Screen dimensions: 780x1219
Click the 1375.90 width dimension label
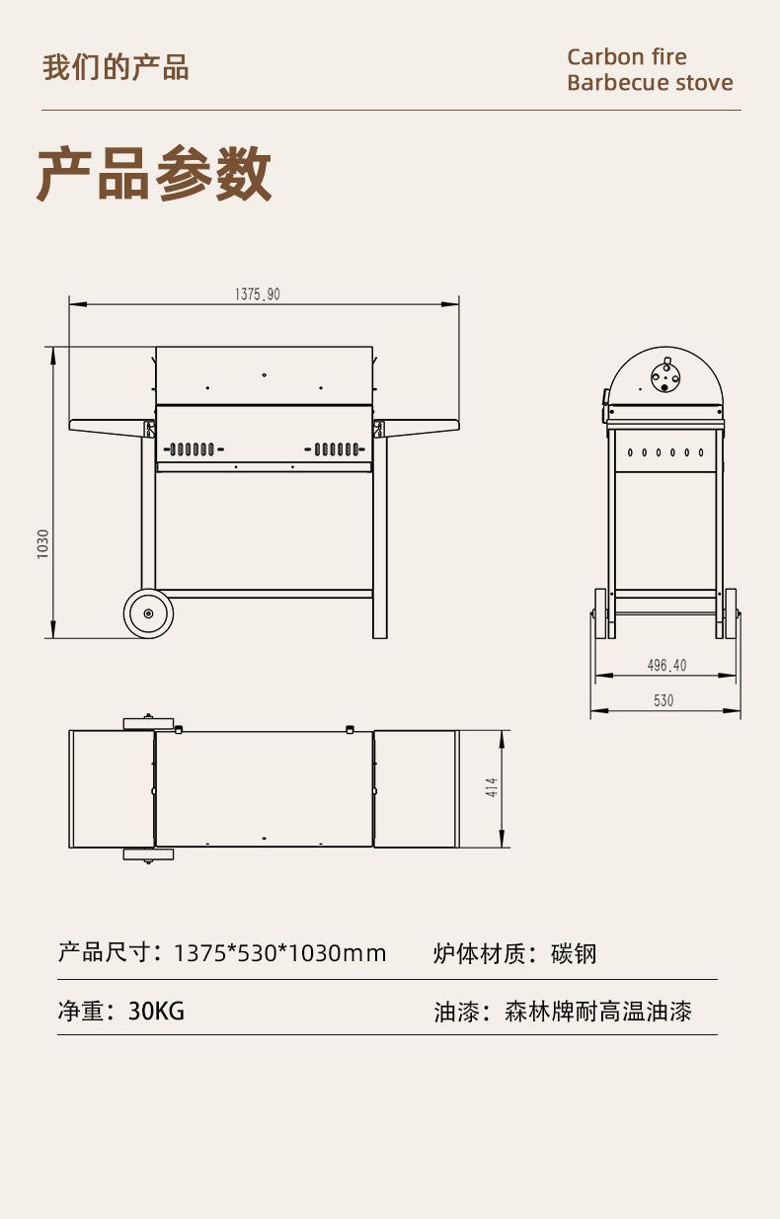point(258,293)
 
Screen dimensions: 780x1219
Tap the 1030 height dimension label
point(42,543)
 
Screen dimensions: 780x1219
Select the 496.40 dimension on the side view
point(666,665)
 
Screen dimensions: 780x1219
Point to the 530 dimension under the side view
point(663,700)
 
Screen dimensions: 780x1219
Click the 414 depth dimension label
point(492,787)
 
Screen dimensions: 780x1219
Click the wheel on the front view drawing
point(148,613)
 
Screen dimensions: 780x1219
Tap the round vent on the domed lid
point(664,376)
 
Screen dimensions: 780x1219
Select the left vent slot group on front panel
point(192,449)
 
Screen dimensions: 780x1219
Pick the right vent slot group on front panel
point(337,449)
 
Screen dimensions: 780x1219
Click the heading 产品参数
point(154,174)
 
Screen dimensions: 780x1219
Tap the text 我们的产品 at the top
point(116,67)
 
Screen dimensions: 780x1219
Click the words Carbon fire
point(627,56)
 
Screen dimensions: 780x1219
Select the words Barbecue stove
point(650,82)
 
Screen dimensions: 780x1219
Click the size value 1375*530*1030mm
point(279,953)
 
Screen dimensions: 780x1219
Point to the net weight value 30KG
point(156,1011)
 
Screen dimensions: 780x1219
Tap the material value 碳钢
point(574,953)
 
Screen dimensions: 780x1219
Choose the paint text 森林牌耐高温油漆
point(597,1011)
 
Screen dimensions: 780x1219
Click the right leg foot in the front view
point(380,632)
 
